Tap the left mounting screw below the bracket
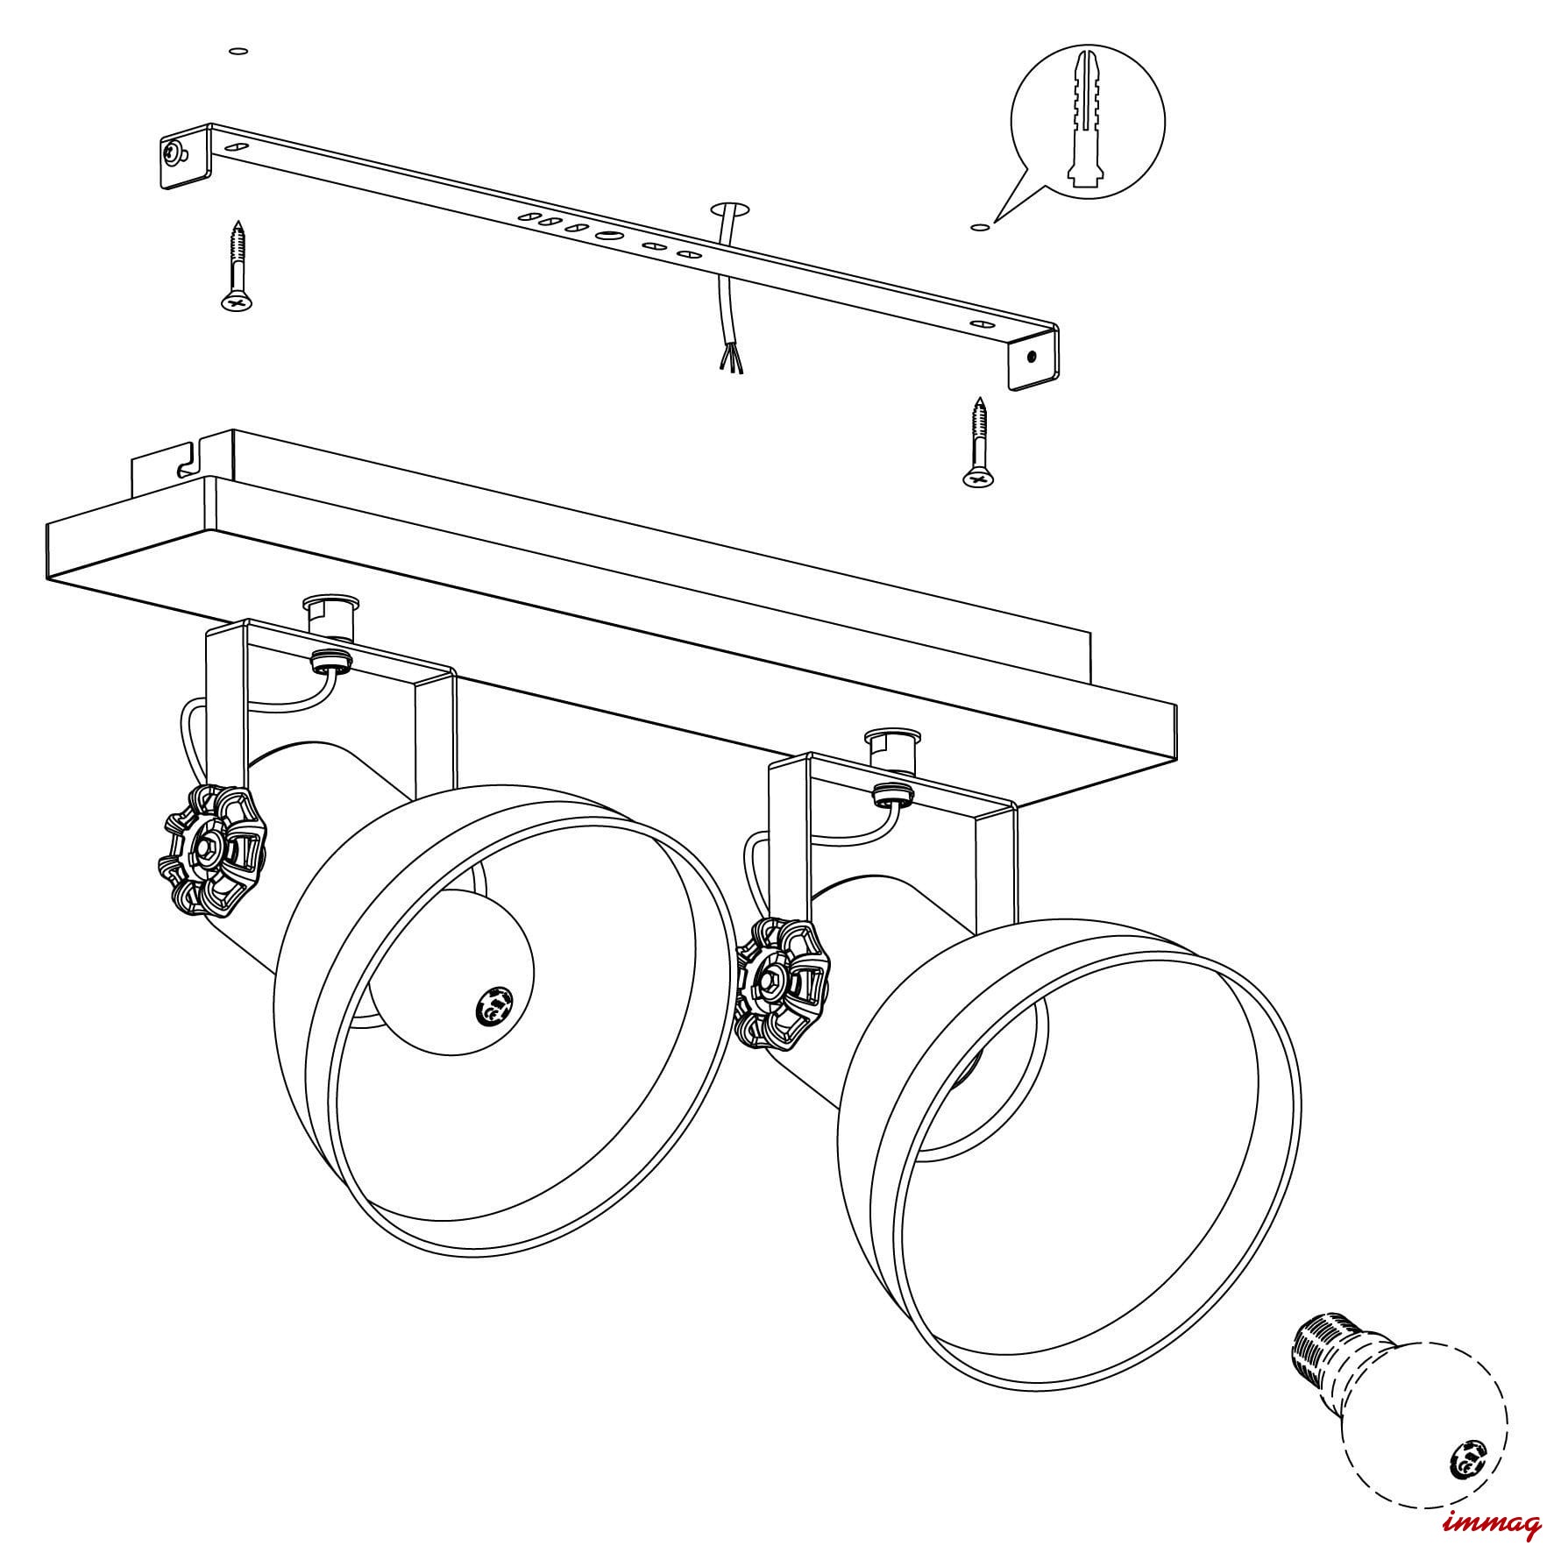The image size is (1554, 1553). click(x=237, y=266)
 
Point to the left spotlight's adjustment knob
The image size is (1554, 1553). click(x=213, y=848)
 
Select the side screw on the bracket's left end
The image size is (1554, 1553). click(x=174, y=154)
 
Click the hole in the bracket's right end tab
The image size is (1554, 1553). click(x=1033, y=357)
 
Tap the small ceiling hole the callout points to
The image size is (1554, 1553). click(x=980, y=228)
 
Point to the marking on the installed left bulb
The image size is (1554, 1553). click(x=493, y=1004)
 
